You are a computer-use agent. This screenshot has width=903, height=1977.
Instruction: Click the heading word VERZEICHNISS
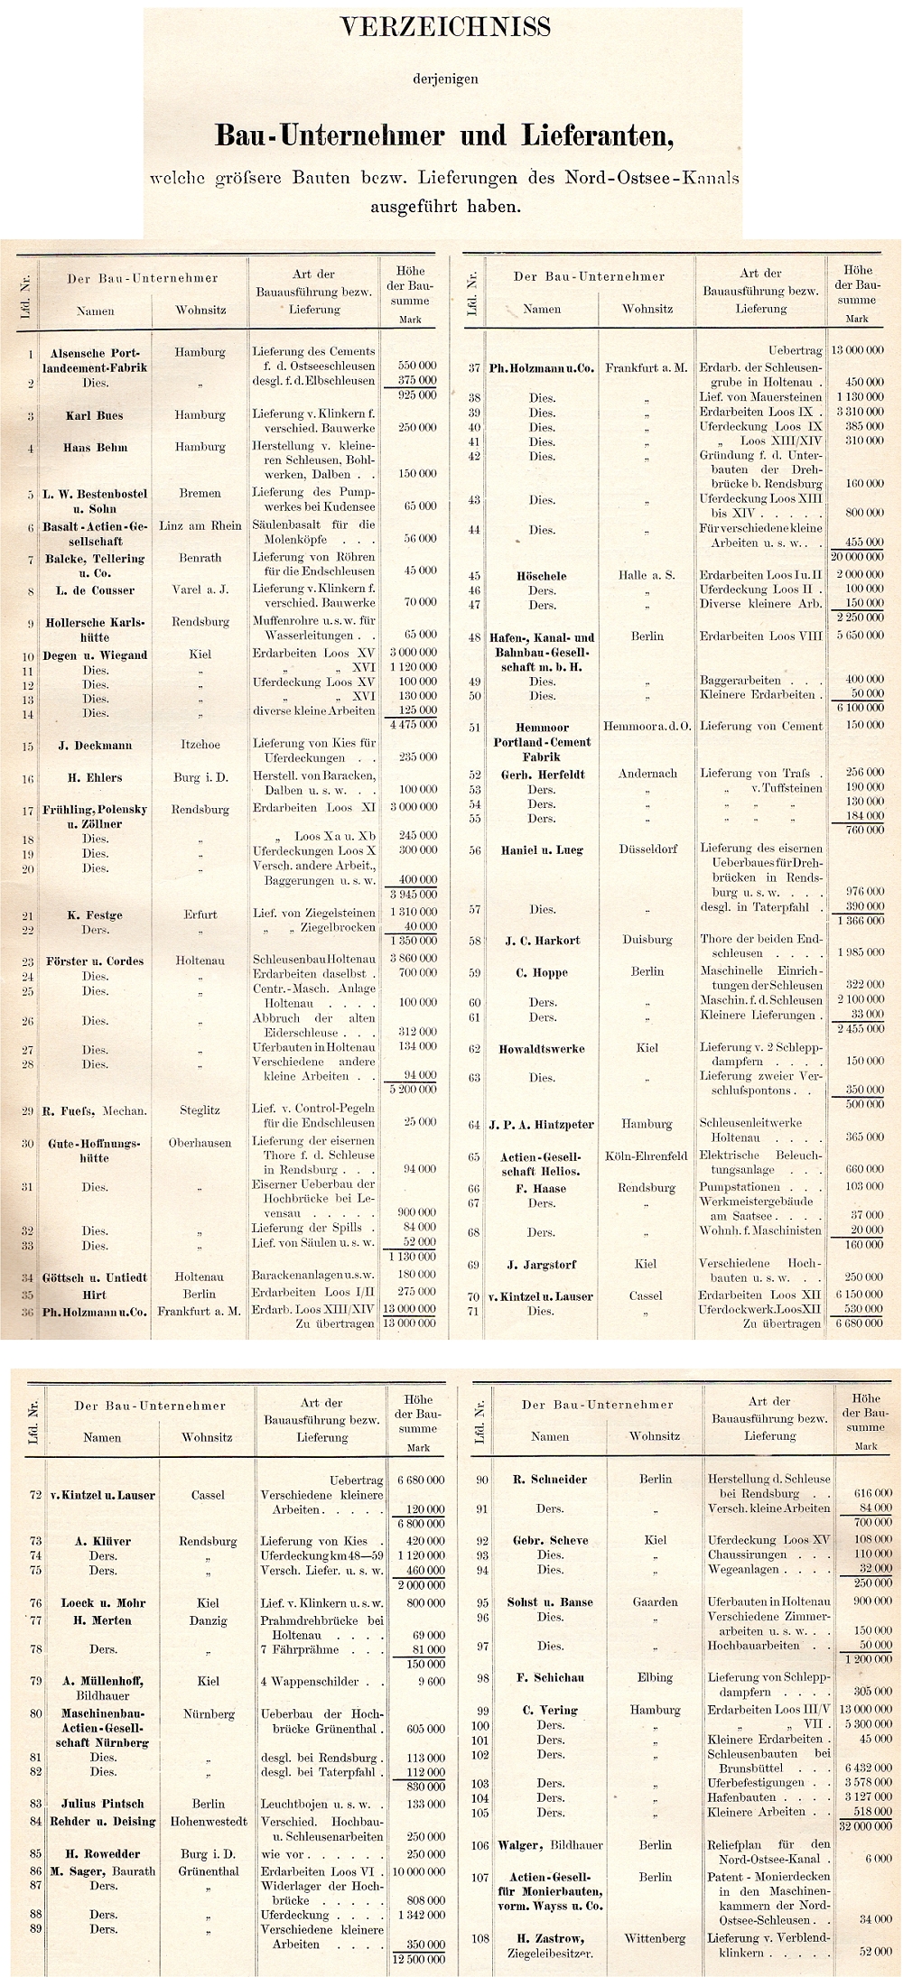(x=445, y=29)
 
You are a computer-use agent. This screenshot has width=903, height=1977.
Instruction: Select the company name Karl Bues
(x=94, y=416)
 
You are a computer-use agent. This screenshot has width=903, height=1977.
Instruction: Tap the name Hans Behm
(x=95, y=448)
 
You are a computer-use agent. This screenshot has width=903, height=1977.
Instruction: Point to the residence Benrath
(x=200, y=558)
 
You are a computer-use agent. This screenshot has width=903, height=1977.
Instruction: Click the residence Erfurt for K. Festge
(x=200, y=914)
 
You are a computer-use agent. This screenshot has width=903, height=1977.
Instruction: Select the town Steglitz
(x=200, y=1110)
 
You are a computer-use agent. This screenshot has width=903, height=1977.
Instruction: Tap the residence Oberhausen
(x=200, y=1143)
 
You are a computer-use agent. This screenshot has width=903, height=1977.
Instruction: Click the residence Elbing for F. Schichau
(x=655, y=1677)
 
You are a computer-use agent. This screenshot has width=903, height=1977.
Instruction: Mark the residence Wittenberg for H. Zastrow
(x=655, y=1938)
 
